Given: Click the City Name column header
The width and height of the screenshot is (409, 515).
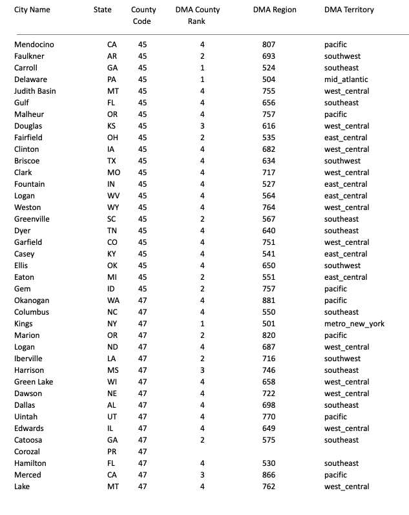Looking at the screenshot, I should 32,10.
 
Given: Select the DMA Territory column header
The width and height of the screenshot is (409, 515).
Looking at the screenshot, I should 349,10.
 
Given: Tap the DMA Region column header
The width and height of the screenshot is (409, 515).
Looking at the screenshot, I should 275,10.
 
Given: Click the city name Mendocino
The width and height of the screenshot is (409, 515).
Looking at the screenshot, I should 34,45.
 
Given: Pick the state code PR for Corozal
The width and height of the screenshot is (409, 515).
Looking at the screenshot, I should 112,452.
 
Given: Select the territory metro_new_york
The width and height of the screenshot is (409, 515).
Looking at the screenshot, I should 354,324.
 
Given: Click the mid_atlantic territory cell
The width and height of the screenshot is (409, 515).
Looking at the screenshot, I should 346,79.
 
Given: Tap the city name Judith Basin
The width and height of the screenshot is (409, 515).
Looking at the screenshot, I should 35,91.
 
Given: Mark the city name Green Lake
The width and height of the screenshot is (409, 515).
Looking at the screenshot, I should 34,382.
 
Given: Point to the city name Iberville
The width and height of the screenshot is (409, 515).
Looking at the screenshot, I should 30,359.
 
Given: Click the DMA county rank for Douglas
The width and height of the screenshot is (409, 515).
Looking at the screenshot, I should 202,126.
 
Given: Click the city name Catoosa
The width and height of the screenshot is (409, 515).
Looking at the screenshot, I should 29,440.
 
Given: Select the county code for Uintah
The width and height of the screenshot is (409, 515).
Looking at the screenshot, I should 142,417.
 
